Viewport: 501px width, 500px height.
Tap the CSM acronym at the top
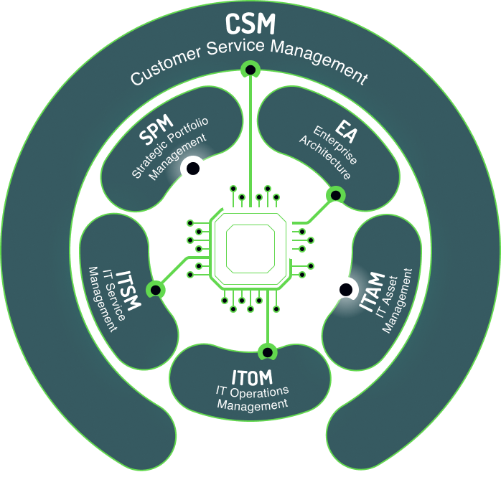tap(250, 24)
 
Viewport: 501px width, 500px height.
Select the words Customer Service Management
tap(248, 63)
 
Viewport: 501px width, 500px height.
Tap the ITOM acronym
tap(252, 376)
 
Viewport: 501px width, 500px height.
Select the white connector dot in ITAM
tap(345, 288)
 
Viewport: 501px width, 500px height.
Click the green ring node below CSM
tap(250, 70)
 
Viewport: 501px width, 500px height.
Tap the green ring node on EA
tap(334, 194)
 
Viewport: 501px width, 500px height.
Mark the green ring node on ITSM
tap(154, 289)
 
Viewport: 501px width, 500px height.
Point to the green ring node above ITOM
tap(267, 352)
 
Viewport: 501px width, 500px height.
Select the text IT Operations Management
tap(252, 397)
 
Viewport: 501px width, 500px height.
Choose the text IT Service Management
tap(102, 297)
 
